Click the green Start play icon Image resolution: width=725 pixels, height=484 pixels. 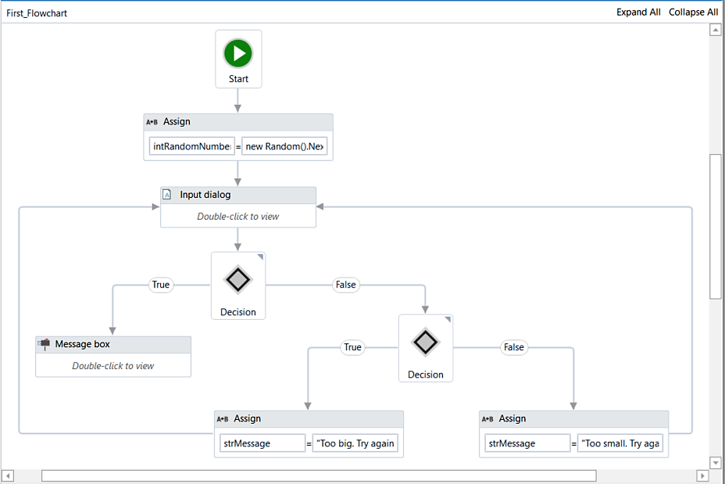tap(238, 53)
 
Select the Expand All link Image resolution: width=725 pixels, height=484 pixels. tap(638, 12)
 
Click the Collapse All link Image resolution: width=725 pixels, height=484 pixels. tap(693, 12)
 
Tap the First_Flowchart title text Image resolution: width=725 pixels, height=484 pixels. tap(37, 13)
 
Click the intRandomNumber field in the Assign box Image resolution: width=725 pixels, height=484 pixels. tap(192, 146)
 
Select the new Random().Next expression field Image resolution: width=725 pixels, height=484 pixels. tap(284, 146)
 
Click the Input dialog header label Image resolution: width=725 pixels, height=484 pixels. tap(205, 195)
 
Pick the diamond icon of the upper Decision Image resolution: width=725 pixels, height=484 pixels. tap(238, 279)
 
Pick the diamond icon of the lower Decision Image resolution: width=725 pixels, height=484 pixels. tap(425, 342)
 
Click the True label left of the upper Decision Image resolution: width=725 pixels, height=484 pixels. tap(161, 285)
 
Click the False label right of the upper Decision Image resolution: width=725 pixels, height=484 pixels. tap(346, 285)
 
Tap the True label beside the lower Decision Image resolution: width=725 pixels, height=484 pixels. tap(352, 347)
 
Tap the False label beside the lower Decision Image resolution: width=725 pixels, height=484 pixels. tap(514, 347)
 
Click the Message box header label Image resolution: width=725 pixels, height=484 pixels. tap(82, 344)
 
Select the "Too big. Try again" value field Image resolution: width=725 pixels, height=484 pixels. tap(355, 443)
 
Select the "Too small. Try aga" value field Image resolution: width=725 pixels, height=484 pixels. tap(620, 443)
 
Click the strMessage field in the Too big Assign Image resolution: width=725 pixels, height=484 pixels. tap(262, 443)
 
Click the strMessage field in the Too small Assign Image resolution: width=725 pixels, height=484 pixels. tap(527, 443)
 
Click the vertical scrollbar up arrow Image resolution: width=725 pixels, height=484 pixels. tap(716, 30)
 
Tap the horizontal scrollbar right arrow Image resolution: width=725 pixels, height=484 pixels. tap(702, 475)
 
